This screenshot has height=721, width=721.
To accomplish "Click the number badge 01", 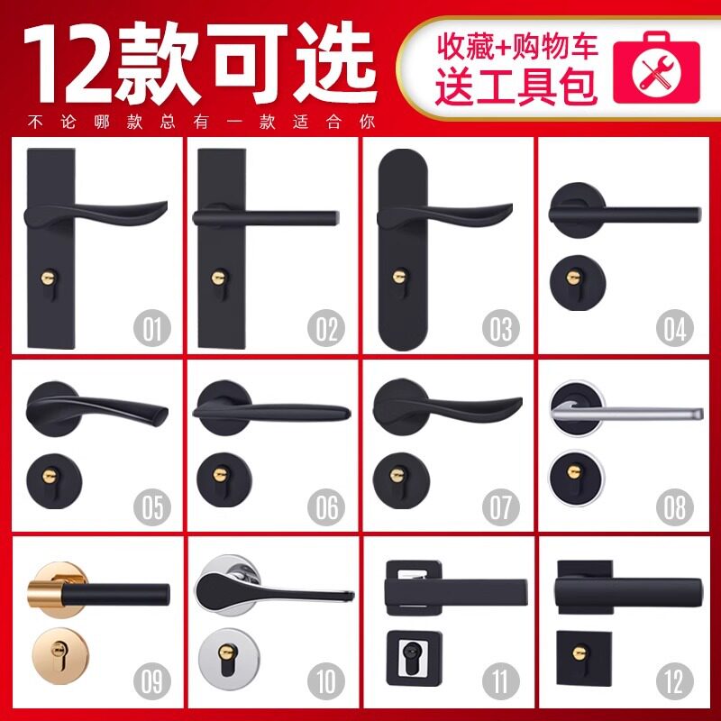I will [x=154, y=328].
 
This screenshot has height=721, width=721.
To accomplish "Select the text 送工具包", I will [x=516, y=87].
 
